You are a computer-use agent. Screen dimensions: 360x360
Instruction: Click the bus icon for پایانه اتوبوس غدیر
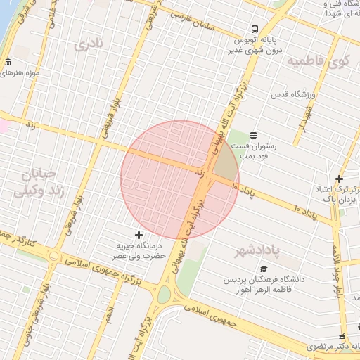252,30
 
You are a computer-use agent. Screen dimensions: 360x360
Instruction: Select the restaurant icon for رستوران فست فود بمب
253,135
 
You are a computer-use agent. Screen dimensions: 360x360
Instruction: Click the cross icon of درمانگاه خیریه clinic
139,234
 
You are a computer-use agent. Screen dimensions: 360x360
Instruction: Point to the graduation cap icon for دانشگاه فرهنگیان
264,269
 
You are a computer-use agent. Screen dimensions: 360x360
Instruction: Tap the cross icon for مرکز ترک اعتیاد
339,179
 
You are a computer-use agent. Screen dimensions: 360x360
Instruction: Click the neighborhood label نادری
89,44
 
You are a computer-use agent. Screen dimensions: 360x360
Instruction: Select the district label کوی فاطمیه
318,61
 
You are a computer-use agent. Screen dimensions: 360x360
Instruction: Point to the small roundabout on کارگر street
53,255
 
